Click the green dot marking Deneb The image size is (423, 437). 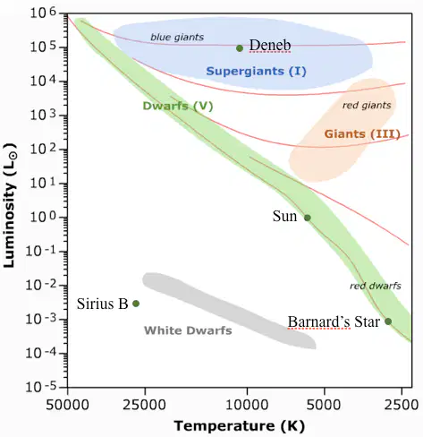(240, 48)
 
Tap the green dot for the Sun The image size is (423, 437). (308, 218)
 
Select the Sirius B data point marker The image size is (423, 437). (136, 304)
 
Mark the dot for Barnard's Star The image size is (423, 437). (388, 321)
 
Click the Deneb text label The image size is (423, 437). (270, 46)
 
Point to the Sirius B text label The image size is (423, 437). (102, 304)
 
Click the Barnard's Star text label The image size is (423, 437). (334, 321)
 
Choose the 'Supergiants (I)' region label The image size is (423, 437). (256, 72)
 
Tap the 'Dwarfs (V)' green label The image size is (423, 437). (178, 106)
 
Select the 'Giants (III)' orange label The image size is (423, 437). (362, 133)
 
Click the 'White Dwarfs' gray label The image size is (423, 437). (188, 330)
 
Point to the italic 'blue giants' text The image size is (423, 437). (177, 37)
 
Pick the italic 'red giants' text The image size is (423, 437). (367, 106)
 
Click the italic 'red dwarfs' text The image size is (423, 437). (376, 286)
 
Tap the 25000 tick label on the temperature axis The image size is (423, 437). (145, 405)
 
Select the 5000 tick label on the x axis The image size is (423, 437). (325, 405)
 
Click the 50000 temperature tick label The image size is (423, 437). (68, 405)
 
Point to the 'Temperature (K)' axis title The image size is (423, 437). (240, 426)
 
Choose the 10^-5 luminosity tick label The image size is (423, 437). (41, 387)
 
